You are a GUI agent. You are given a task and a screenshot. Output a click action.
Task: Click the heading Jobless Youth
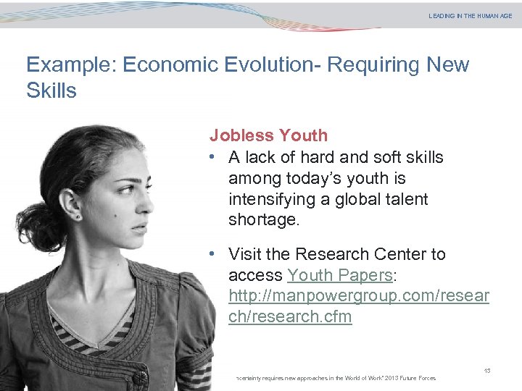click(x=268, y=135)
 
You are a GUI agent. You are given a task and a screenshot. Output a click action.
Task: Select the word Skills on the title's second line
click(x=51, y=91)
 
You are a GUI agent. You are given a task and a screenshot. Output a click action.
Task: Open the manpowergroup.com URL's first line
click(x=359, y=296)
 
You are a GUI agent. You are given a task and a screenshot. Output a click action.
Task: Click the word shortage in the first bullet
click(x=263, y=220)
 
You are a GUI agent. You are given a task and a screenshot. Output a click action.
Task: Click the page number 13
click(x=487, y=371)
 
